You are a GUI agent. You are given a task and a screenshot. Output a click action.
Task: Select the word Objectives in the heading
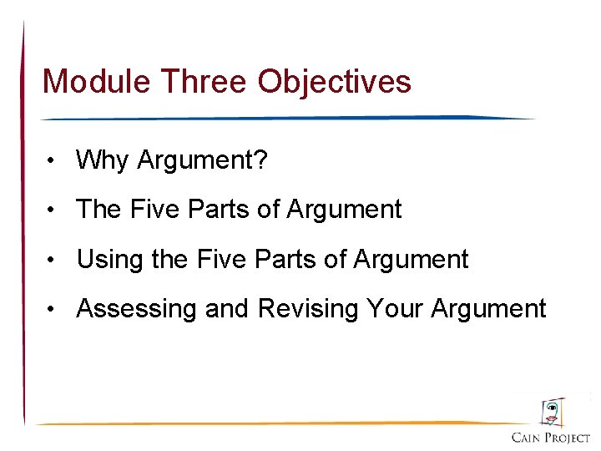point(334,82)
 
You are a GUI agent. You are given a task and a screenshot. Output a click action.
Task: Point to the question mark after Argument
point(262,160)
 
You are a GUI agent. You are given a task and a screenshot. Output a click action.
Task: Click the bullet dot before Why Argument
point(52,160)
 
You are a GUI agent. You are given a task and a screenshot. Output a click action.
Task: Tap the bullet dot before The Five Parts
point(52,210)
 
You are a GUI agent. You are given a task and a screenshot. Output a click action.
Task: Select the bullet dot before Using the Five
point(52,260)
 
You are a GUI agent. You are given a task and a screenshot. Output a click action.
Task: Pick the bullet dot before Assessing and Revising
point(52,310)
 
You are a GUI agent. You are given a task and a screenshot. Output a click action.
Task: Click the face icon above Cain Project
point(552,412)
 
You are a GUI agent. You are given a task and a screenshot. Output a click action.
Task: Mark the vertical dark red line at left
point(23,225)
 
